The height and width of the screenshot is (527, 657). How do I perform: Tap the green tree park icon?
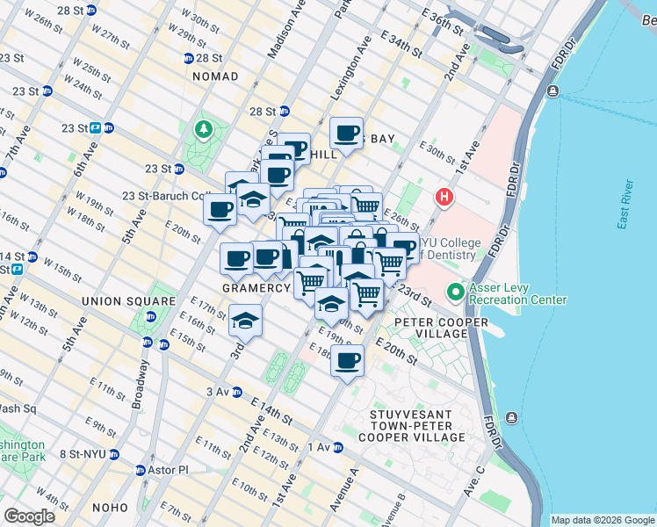pyautogui.click(x=204, y=131)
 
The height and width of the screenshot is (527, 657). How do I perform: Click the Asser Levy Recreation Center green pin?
pyautogui.click(x=455, y=292)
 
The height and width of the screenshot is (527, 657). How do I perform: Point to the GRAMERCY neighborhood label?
pyautogui.click(x=256, y=288)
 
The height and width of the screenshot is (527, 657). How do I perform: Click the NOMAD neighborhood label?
pyautogui.click(x=214, y=76)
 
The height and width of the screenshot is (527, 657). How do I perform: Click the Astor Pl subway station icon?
pyautogui.click(x=141, y=470)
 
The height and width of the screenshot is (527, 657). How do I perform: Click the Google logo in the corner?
pyautogui.click(x=28, y=516)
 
